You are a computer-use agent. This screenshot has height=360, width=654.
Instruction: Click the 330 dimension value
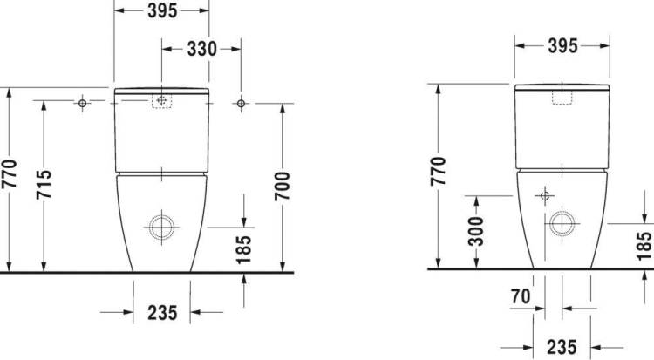[202, 49]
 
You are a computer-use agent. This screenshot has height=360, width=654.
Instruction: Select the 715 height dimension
[44, 184]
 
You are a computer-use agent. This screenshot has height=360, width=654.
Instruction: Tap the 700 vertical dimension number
[282, 186]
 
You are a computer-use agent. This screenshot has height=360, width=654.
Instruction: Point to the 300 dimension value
[475, 231]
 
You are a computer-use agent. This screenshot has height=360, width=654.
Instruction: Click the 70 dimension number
[521, 296]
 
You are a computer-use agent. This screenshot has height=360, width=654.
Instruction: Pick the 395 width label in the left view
[162, 10]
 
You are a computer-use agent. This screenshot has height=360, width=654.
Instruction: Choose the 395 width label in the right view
[562, 46]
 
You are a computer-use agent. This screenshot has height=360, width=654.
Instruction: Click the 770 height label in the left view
[9, 173]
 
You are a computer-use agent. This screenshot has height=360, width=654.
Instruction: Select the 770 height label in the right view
[439, 171]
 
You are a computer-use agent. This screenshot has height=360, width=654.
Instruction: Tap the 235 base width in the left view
[162, 312]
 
